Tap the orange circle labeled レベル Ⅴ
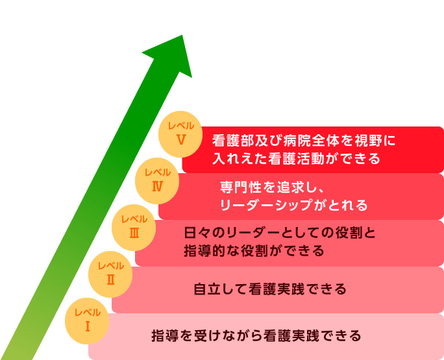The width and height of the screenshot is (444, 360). pyautogui.click(x=181, y=133)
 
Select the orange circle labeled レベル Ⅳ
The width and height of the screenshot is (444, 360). pyautogui.click(x=157, y=180)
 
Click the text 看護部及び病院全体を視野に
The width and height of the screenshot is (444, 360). pyautogui.click(x=304, y=140)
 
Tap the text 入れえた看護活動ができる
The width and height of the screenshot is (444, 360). pyautogui.click(x=295, y=158)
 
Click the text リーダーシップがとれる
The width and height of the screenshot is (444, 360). pyautogui.click(x=293, y=205)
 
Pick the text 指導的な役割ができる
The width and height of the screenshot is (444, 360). pyautogui.click(x=254, y=250)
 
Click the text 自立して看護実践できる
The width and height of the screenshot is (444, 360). pyautogui.click(x=270, y=289)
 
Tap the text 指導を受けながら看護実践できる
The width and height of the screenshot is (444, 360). pyautogui.click(x=256, y=336)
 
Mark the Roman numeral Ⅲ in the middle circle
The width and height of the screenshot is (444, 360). pyautogui.click(x=134, y=232)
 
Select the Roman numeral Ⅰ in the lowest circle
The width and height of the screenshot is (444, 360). pyautogui.click(x=87, y=326)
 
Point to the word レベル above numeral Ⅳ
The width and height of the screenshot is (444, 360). pyautogui.click(x=158, y=173)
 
